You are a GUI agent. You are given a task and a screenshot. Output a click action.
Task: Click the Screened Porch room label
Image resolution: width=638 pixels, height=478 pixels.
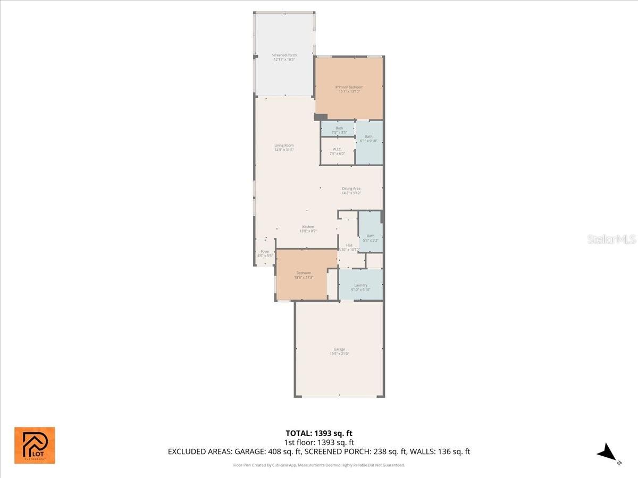(284, 57)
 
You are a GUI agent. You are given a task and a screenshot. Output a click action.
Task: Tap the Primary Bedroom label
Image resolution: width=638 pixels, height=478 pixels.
(349, 89)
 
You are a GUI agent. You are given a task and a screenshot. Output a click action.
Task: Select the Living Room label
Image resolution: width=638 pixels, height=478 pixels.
(284, 148)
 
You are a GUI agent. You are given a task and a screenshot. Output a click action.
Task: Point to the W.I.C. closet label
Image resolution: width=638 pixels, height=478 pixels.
(337, 151)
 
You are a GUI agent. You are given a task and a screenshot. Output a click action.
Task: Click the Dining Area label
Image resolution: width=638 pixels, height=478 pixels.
(351, 191)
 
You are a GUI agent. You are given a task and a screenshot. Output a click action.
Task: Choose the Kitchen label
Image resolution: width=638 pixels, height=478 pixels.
(308, 229)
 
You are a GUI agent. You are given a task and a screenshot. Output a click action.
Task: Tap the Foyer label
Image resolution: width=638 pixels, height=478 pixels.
(265, 253)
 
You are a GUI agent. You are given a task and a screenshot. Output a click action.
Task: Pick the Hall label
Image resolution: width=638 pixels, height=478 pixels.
(349, 247)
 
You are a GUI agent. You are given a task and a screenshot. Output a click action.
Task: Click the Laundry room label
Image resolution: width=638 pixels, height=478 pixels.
(360, 287)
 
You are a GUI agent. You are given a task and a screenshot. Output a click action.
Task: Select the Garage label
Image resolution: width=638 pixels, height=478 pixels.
(339, 351)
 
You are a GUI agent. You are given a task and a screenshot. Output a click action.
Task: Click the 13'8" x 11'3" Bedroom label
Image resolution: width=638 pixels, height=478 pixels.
(304, 275)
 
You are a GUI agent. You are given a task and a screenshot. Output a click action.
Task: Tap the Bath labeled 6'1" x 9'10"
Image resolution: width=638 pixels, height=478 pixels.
(368, 139)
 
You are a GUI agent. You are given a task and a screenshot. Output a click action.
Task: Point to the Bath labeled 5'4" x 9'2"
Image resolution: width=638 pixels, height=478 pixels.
(371, 238)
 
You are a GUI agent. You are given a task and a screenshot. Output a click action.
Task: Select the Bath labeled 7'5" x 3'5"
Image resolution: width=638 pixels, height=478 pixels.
(339, 130)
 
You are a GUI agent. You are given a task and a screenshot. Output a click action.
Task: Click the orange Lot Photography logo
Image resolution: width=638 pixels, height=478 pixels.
(35, 445)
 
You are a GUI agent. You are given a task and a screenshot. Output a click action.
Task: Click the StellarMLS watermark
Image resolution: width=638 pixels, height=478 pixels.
(611, 239)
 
